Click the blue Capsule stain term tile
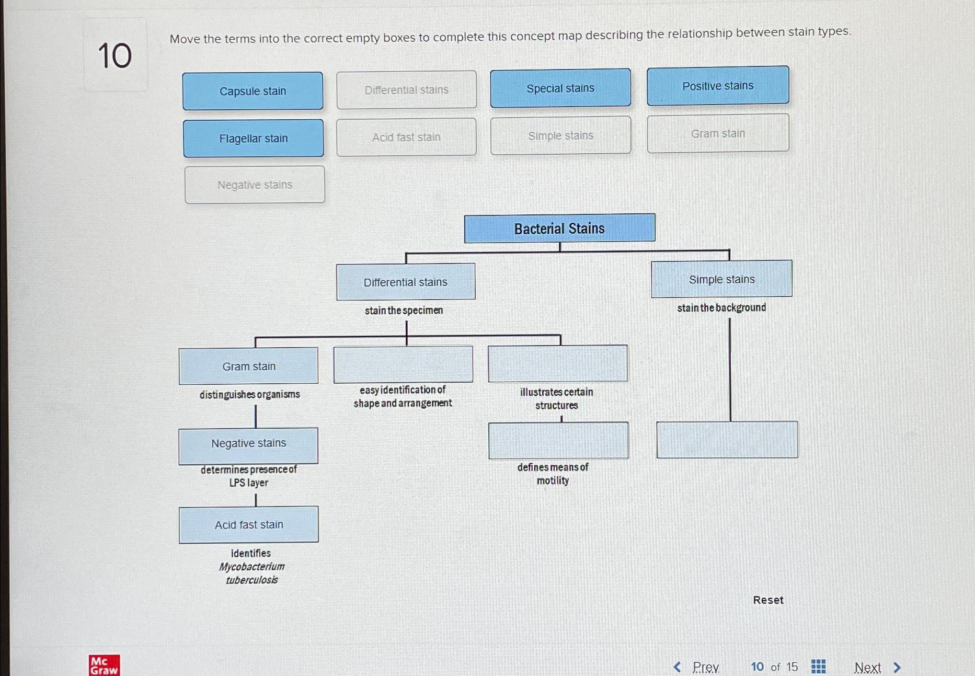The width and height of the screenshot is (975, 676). [253, 91]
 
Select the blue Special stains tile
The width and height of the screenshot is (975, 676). [560, 88]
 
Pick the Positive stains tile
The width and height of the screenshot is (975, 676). [718, 86]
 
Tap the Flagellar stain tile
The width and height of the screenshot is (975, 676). [253, 139]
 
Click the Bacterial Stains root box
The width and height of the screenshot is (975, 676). [559, 228]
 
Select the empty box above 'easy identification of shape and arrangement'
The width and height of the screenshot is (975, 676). [403, 364]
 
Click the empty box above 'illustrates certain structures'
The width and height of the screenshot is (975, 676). [558, 363]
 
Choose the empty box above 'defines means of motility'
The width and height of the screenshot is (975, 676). [558, 440]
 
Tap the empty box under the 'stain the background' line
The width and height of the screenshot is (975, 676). [727, 440]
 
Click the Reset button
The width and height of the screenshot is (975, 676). [768, 600]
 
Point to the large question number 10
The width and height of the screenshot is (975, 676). [115, 55]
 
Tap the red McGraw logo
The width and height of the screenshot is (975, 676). [104, 666]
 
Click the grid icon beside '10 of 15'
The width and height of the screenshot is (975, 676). [818, 667]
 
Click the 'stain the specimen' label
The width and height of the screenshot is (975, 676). [404, 311]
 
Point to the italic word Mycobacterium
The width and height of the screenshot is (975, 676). [251, 567]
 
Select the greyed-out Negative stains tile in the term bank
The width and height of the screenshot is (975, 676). [255, 185]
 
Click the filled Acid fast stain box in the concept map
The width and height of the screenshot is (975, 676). [249, 524]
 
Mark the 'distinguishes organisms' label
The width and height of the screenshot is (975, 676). [249, 394]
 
